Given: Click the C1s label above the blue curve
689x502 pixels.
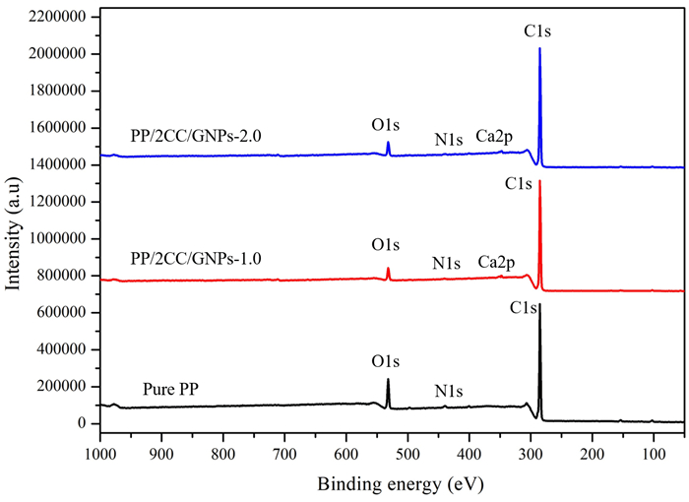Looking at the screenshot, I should pyautogui.click(x=538, y=31).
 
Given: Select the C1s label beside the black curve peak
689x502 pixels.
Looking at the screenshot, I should pyautogui.click(x=524, y=308).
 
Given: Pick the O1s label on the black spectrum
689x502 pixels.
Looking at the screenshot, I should pyautogui.click(x=386, y=360).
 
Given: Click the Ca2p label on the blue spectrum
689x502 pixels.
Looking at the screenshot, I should pyautogui.click(x=494, y=135).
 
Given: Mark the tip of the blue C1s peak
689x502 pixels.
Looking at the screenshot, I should pyautogui.click(x=539, y=48).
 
